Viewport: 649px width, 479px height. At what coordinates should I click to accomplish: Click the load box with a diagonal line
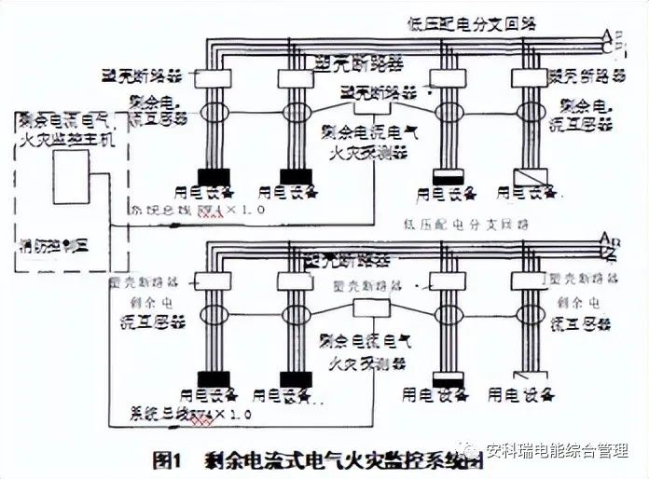click(529, 177)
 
